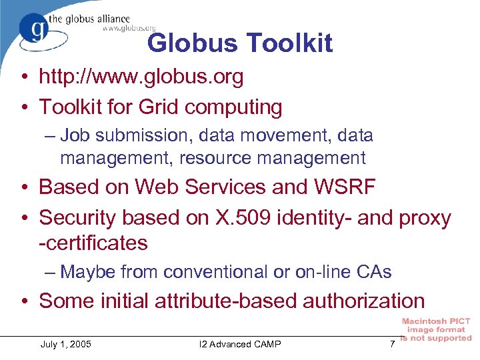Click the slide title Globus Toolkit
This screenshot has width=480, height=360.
coord(239,43)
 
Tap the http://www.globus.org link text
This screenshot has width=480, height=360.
coord(141,77)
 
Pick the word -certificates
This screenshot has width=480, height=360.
coord(93,243)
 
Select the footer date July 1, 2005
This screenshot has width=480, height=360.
coord(66,344)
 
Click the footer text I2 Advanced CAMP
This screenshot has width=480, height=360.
coord(240,344)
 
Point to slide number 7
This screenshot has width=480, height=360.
coord(393,344)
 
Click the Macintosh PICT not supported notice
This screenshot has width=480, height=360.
coord(436,329)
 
